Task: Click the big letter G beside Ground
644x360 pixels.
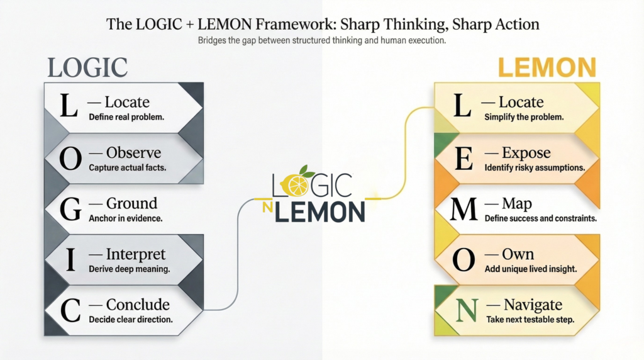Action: click(69, 210)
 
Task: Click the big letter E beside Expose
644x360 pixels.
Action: click(463, 159)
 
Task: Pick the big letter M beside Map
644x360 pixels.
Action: click(464, 210)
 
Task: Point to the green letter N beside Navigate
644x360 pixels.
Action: click(464, 311)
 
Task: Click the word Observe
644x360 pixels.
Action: click(133, 153)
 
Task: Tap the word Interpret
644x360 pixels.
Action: click(136, 254)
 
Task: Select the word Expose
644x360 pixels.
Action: click(526, 153)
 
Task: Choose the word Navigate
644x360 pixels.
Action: click(533, 305)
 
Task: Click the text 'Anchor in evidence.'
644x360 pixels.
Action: click(126, 218)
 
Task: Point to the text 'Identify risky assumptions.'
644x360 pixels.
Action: click(535, 167)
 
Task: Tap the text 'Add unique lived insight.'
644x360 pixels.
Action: click(531, 269)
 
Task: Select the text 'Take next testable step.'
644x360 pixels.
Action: click(530, 320)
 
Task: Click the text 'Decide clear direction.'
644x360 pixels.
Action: click(130, 319)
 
